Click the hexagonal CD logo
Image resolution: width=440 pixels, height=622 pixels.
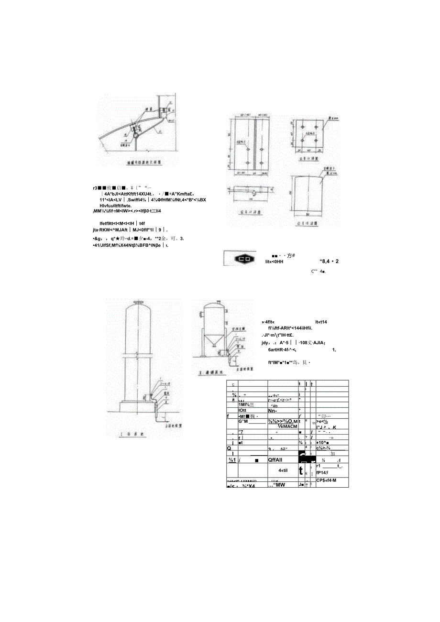point(245,259)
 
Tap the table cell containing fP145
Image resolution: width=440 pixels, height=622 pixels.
point(325,470)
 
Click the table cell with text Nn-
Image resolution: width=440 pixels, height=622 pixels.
point(273,410)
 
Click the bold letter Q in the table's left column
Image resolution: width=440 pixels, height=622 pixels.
point(230,448)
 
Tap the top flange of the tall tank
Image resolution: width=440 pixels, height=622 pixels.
point(139,303)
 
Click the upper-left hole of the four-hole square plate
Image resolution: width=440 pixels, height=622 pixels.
point(303,126)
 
